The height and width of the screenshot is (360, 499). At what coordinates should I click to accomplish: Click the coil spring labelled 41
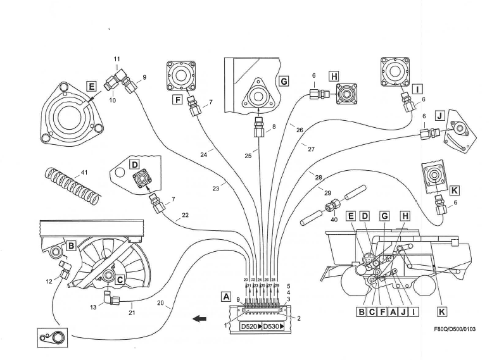point(72,186)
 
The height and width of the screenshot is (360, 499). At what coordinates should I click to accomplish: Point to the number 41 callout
point(82,173)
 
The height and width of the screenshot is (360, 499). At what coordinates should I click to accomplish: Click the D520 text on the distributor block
point(251,326)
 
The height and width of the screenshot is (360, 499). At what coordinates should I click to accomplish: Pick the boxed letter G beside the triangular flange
point(283,82)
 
